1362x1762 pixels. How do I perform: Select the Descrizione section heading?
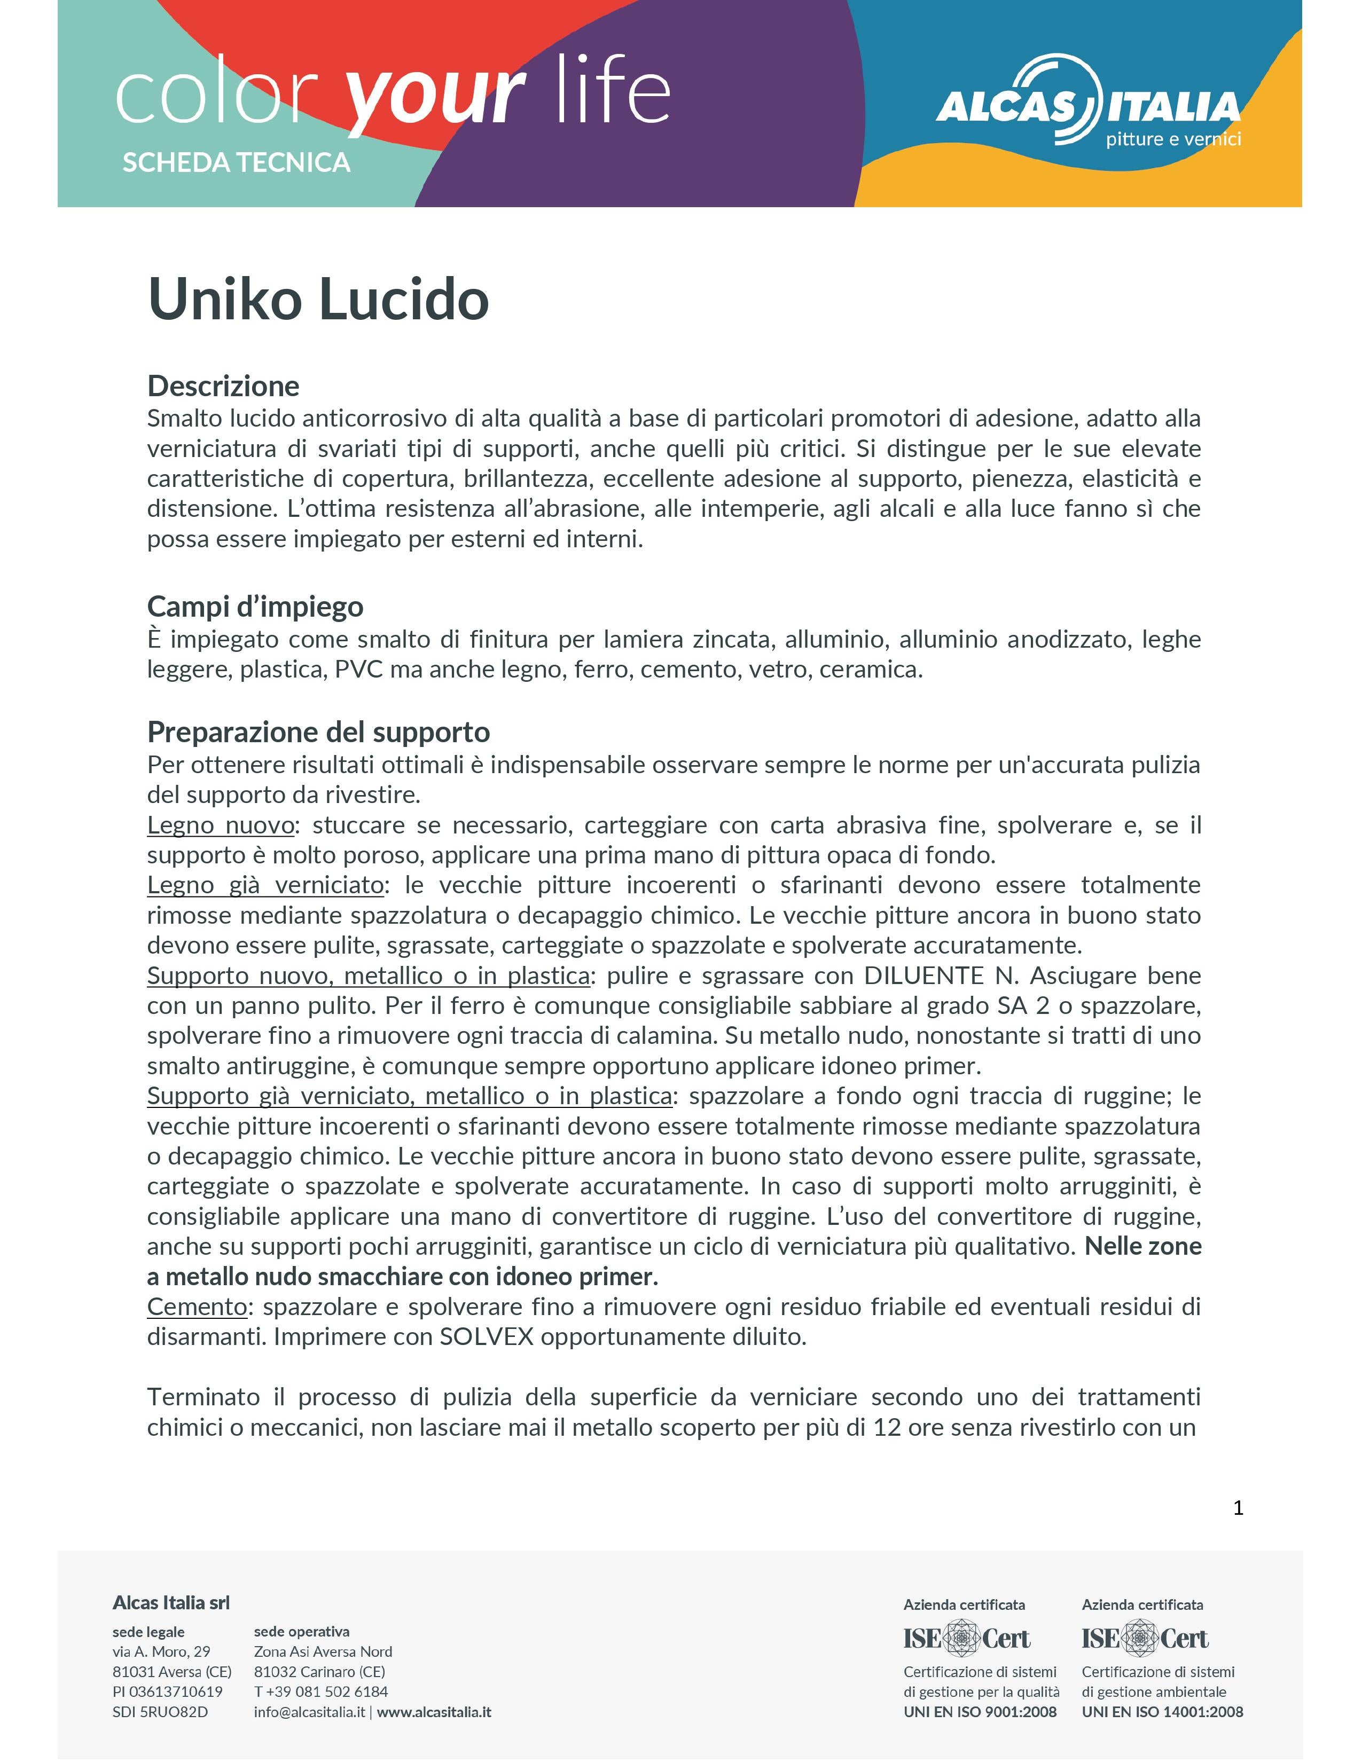(223, 387)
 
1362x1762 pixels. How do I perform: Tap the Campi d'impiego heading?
(255, 607)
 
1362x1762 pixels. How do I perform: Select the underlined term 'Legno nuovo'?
(220, 825)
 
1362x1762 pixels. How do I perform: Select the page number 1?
(1238, 1508)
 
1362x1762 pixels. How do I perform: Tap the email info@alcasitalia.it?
(309, 1712)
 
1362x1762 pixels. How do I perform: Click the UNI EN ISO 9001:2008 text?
(980, 1712)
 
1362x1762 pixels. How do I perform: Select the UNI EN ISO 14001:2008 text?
(1162, 1712)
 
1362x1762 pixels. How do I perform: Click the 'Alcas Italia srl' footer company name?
(171, 1603)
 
